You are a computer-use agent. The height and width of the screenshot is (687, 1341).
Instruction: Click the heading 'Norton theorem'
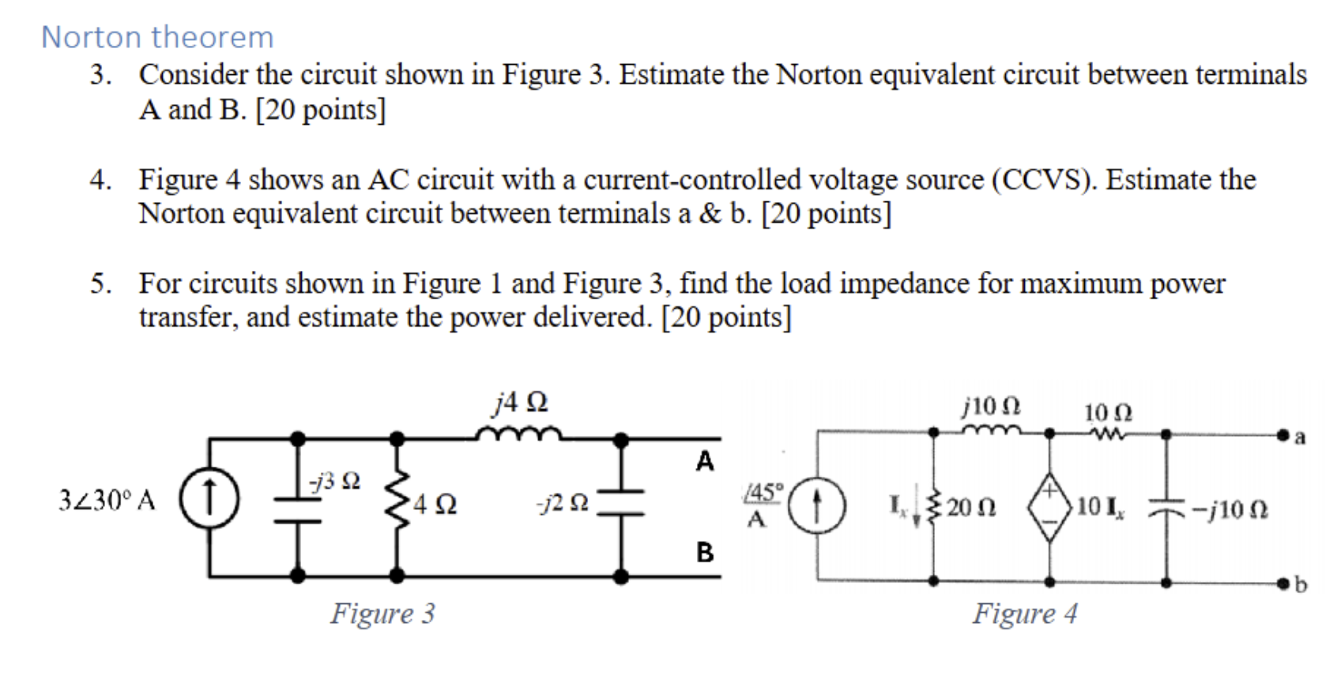[157, 37]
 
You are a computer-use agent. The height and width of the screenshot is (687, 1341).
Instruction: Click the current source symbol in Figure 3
[209, 502]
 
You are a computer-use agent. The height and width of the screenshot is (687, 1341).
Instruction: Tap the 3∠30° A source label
[107, 501]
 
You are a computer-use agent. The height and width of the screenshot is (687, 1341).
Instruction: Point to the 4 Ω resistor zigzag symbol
[398, 502]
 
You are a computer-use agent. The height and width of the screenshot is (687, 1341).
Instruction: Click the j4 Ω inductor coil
[518, 434]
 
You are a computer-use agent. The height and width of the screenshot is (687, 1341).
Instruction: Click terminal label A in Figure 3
[704, 461]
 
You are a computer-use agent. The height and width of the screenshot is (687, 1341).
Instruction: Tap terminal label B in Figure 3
[705, 552]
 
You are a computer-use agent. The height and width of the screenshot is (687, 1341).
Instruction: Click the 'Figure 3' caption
[382, 614]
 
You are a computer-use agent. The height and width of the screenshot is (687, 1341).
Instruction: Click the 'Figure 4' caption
[1025, 614]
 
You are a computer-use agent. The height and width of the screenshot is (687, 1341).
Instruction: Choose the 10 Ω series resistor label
[1107, 412]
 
